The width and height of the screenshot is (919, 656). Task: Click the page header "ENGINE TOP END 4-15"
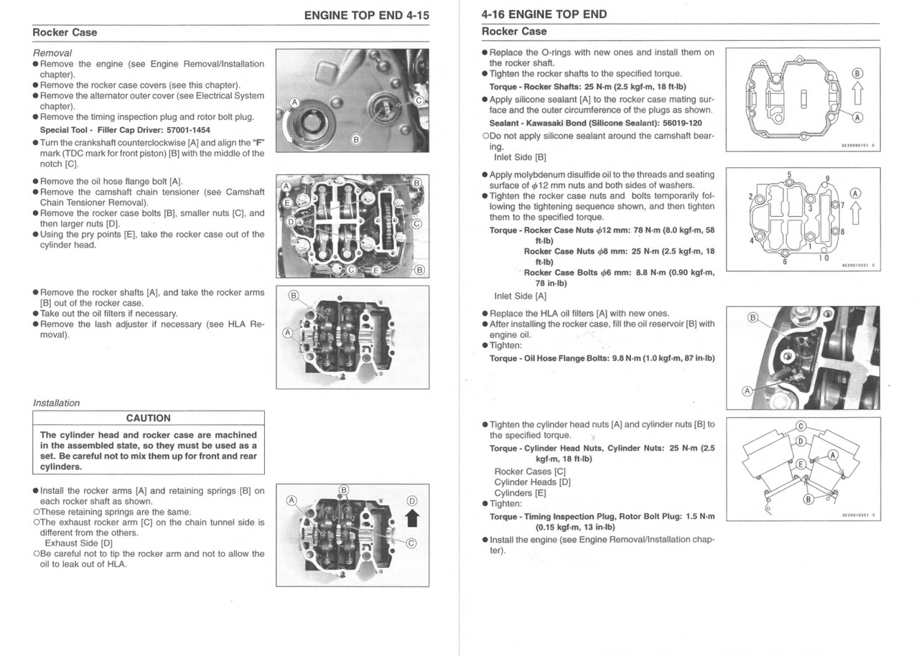366,14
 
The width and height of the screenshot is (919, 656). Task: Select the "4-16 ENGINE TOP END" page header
544,14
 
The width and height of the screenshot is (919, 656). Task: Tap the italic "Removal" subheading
52,53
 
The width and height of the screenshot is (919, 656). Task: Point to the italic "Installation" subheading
57,403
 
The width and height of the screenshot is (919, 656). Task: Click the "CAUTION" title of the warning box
149,418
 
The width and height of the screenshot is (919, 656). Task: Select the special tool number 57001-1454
180,130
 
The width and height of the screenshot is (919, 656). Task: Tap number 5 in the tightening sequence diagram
790,174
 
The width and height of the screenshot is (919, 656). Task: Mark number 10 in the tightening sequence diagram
824,258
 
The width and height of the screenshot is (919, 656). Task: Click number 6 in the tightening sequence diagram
785,261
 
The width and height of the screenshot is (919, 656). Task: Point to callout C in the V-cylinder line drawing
801,426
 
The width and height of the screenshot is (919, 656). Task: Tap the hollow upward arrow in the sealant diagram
857,92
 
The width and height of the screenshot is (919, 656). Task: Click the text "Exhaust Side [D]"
78,543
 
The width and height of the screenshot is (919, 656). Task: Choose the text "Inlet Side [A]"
520,296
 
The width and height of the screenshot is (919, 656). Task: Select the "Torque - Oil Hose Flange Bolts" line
602,358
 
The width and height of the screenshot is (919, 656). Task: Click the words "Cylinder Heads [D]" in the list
532,482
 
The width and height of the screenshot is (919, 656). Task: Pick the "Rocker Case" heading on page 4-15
65,32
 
